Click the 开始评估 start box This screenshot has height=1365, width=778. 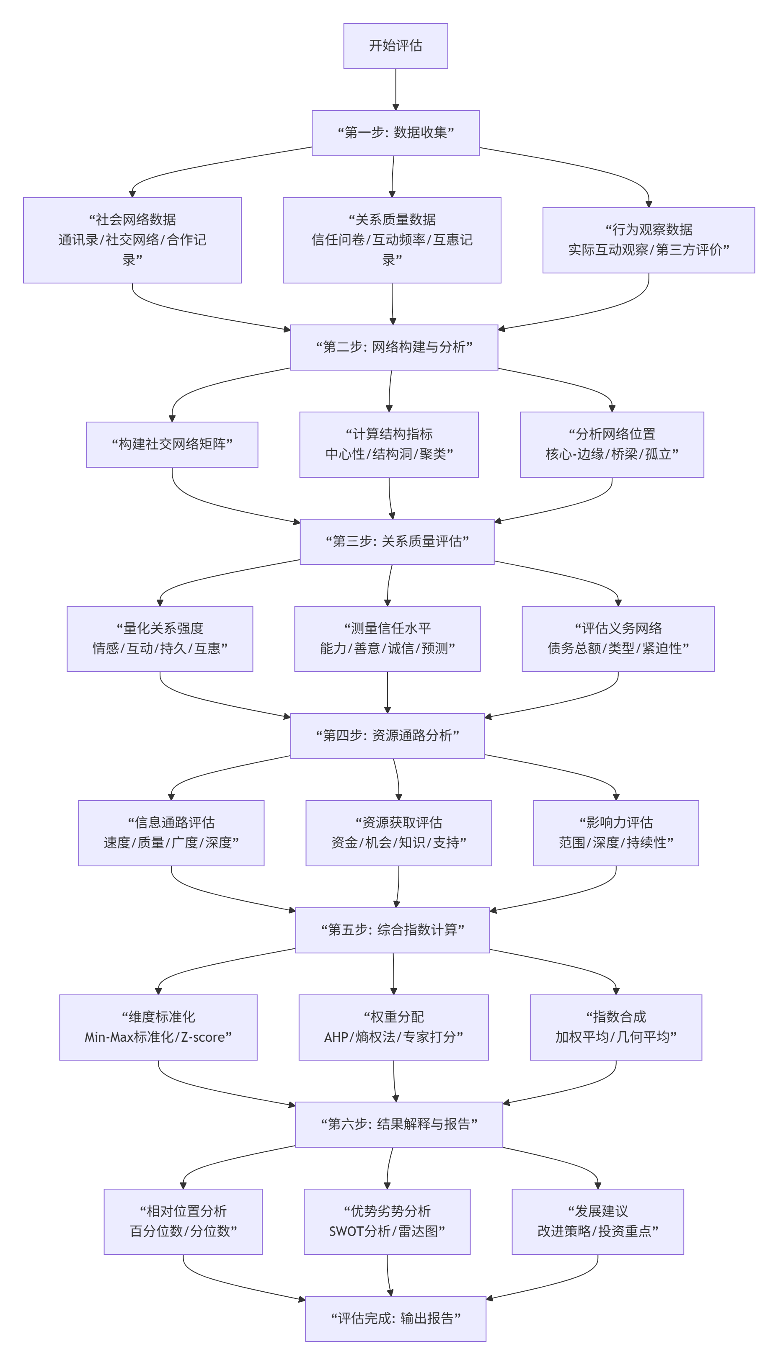395,46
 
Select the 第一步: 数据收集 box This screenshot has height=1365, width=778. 395,133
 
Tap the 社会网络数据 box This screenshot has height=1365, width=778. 132,240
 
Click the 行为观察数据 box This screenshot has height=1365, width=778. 648,240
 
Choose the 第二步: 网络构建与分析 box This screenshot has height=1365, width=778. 394,347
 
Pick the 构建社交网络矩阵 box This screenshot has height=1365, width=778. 172,444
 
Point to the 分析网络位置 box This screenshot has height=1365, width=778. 612,444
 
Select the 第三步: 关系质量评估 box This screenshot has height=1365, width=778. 397,541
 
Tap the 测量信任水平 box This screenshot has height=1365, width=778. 388,638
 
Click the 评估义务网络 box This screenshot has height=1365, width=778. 618,638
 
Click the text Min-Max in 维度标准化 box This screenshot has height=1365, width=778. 109,1037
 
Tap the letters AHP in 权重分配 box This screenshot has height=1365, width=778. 336,1037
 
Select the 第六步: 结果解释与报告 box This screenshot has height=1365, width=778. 398,1124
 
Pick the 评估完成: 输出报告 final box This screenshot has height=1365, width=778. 395,1319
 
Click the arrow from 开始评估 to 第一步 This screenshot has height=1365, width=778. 395,90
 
